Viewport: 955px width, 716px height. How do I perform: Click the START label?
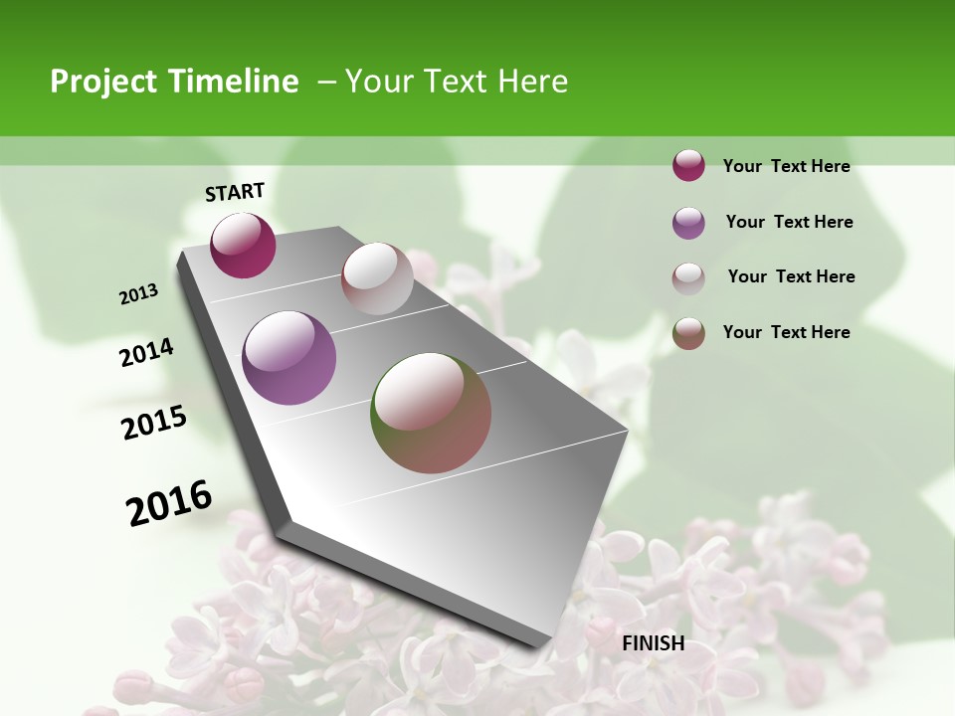tap(235, 192)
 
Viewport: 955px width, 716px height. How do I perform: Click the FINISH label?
tap(654, 643)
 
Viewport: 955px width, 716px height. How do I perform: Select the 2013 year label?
tap(139, 294)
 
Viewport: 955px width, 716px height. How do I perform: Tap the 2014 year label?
tap(147, 353)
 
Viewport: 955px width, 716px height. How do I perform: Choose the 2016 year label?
tap(169, 502)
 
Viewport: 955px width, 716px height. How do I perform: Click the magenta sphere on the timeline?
tap(243, 246)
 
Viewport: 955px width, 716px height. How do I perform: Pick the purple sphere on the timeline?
tap(289, 358)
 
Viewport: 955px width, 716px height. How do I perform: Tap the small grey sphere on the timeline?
tap(377, 278)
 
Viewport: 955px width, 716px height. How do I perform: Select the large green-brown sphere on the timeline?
tap(431, 413)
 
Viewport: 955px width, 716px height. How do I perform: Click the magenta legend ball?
tap(688, 166)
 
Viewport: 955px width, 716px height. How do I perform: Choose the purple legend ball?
tap(688, 223)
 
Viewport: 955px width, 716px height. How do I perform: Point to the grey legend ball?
tap(688, 278)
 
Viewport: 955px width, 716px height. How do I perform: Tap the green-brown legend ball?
tap(688, 333)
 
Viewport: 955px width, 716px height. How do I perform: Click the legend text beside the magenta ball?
tap(786, 166)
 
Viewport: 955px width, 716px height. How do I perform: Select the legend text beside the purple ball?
tap(789, 222)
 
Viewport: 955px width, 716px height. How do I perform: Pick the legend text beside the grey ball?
tap(791, 276)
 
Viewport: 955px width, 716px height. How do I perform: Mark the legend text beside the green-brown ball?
tap(786, 332)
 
